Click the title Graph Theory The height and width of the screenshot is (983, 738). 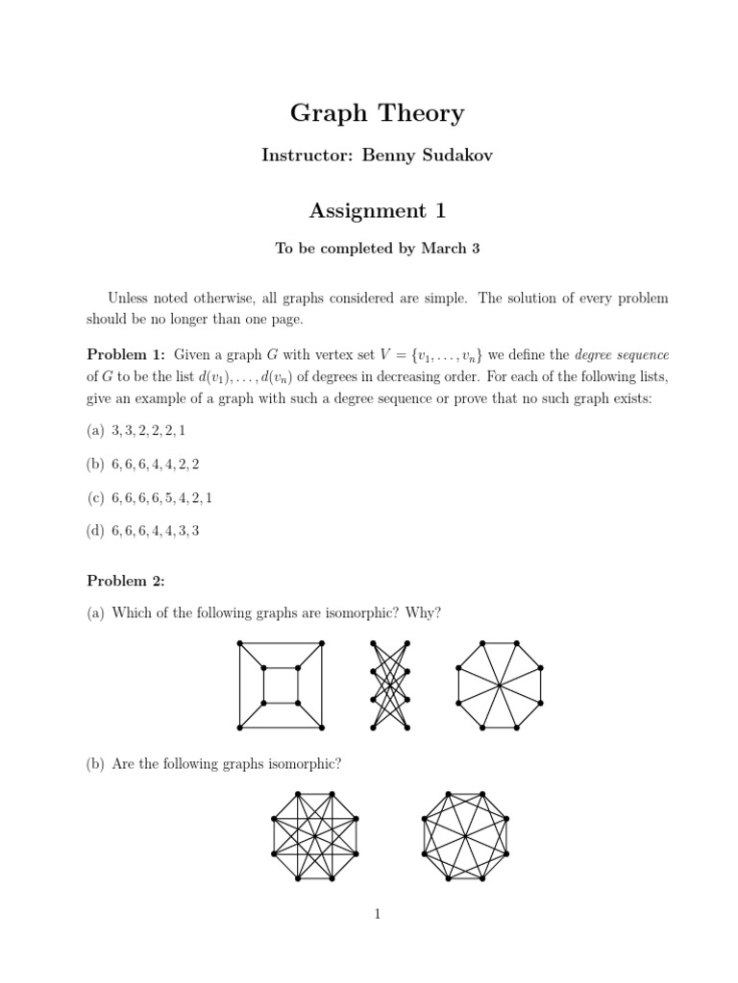coord(377,113)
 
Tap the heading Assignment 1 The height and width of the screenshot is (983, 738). coord(377,210)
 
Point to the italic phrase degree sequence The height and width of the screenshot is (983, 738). coord(621,355)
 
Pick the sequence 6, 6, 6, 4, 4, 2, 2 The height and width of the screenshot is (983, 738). coord(156,464)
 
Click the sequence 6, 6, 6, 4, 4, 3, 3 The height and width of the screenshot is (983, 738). coord(156,530)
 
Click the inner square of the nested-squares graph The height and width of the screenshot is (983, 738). coord(285,685)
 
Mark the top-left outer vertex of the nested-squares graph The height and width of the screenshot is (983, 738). coord(240,644)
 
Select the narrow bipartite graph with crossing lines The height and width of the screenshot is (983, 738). coord(390,684)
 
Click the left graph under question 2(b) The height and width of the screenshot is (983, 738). coord(315,836)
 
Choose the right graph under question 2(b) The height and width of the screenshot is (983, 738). coord(466,836)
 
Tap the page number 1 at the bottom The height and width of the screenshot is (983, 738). coord(378,914)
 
